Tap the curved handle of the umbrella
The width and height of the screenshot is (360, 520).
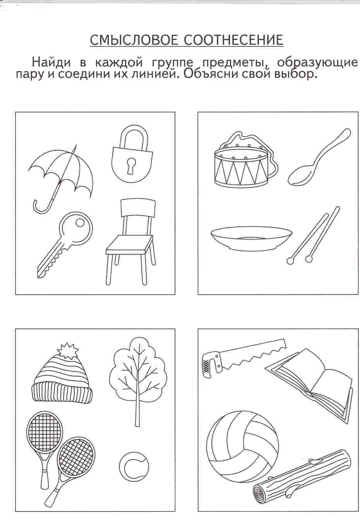point(42,205)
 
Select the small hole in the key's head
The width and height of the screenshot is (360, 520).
point(80,223)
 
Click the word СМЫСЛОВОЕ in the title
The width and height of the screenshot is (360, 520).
point(134,40)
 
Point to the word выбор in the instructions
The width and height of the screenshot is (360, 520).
point(296,74)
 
